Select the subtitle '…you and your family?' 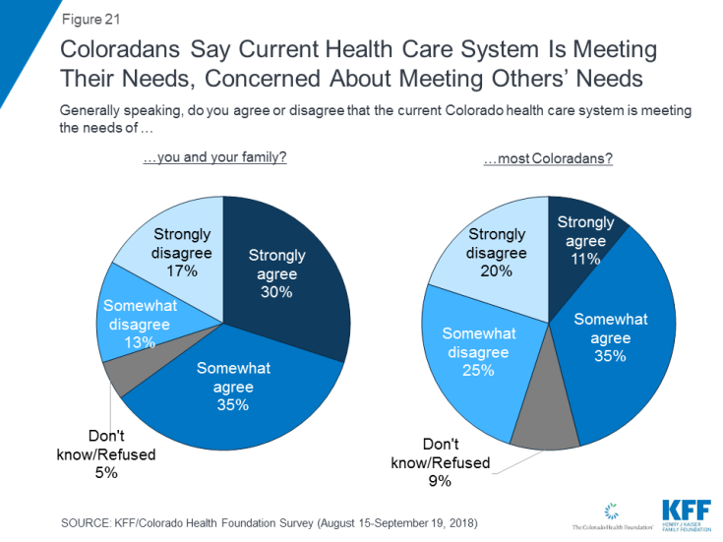pos(215,157)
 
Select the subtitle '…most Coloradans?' pos(548,157)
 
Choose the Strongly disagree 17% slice pos(177,251)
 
